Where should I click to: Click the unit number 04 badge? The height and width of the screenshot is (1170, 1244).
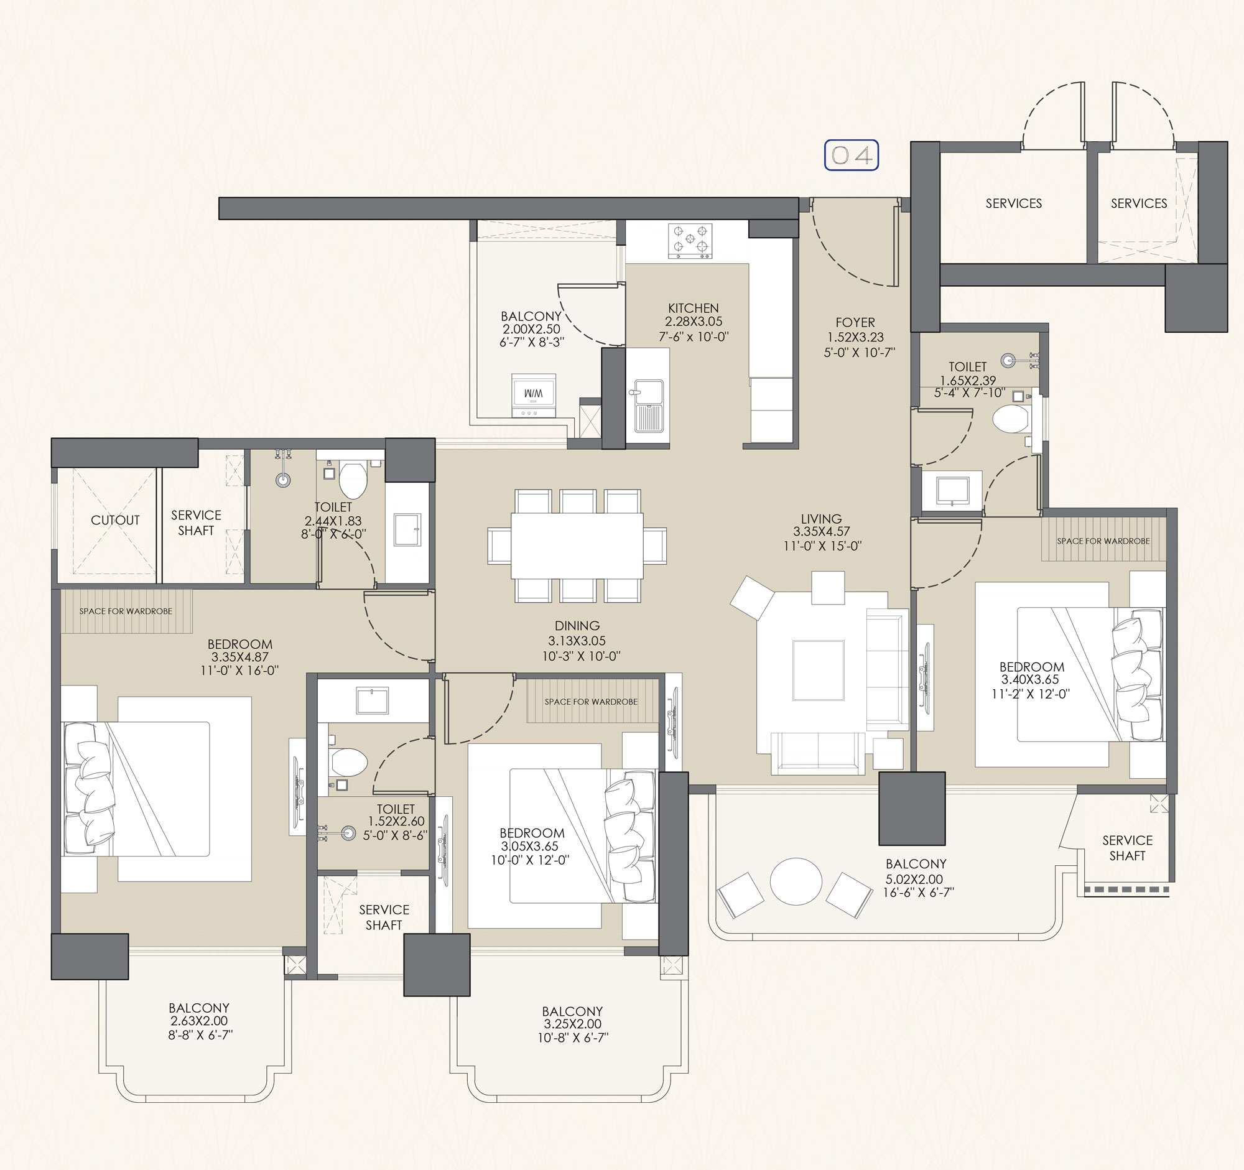[x=851, y=155]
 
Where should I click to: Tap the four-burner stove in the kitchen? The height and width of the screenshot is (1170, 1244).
[x=690, y=241]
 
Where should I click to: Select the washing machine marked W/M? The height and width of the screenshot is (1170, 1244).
[x=533, y=396]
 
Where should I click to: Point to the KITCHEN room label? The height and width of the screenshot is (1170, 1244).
[x=694, y=308]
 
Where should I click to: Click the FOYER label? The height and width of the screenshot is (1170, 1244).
[x=855, y=322]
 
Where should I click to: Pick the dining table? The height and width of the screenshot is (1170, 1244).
[x=577, y=546]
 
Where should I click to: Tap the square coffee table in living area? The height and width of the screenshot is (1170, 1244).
[x=818, y=670]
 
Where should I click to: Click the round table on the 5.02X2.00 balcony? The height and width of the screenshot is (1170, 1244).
[x=796, y=881]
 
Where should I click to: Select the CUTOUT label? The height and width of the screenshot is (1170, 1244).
[x=115, y=520]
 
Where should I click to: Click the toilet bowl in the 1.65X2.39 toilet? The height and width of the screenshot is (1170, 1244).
[x=1011, y=419]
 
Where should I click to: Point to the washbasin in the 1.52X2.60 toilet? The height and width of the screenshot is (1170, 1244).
[x=372, y=700]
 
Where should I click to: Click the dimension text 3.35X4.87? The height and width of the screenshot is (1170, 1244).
[x=239, y=657]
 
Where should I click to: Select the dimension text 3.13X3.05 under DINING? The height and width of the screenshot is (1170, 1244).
[x=577, y=641]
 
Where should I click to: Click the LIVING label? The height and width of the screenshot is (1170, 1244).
[x=821, y=519]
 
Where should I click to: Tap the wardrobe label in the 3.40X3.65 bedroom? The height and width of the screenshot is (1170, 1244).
[x=1103, y=541]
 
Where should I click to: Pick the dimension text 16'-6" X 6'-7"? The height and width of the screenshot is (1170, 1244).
[x=918, y=892]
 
